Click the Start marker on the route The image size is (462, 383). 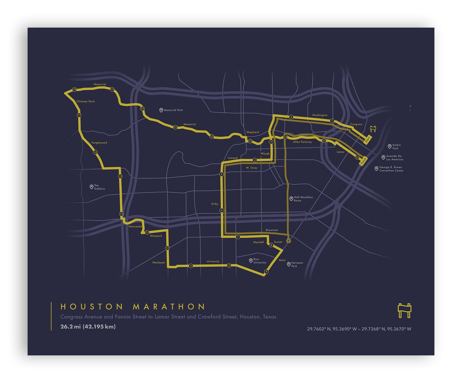[x=367, y=140]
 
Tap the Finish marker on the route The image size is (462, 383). [x=363, y=161]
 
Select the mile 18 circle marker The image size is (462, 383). [x=74, y=90]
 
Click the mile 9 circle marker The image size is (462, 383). [x=266, y=272]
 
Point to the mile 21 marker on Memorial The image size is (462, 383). [x=175, y=127]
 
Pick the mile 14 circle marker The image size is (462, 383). [x=121, y=214]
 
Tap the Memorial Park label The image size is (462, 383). [x=173, y=110]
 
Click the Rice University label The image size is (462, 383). [x=259, y=261]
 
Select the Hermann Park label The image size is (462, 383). [x=297, y=264]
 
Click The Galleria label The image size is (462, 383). [x=99, y=187]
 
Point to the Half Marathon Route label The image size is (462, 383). [x=303, y=199]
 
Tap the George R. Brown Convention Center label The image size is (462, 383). [x=391, y=169]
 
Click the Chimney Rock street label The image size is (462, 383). [x=86, y=101]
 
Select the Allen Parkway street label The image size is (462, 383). [x=302, y=142]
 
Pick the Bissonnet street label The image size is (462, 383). [x=272, y=230]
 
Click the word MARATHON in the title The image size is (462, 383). [x=169, y=307]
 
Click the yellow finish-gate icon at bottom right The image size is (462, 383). [x=404, y=310]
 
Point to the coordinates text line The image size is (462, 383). [x=359, y=329]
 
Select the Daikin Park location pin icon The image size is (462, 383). [x=389, y=146]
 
